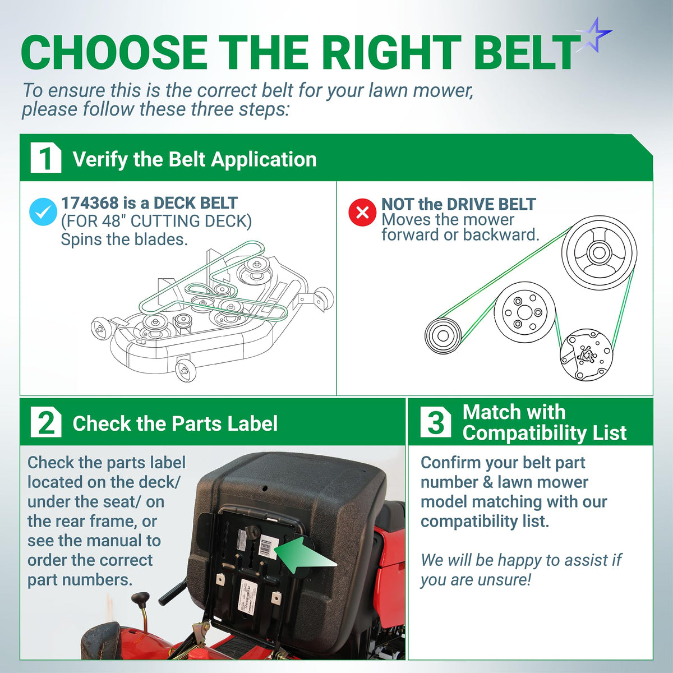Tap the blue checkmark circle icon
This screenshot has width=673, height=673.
[43, 211]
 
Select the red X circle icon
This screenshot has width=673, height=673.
[362, 212]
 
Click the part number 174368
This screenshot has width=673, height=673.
[90, 203]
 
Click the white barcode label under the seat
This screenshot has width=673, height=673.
[269, 547]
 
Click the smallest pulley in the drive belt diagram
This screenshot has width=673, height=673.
[443, 336]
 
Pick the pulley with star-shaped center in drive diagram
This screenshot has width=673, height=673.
[587, 356]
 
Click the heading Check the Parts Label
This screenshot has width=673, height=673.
[175, 423]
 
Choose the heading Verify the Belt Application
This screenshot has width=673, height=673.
[195, 159]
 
